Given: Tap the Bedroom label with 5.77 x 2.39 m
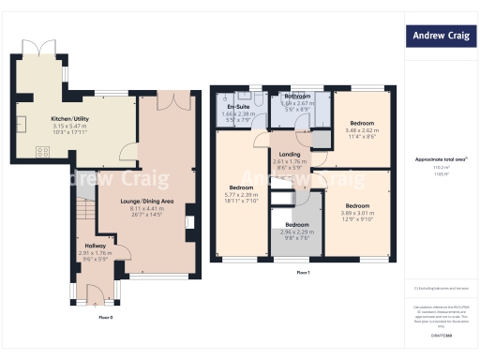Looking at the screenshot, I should pyautogui.click(x=243, y=187).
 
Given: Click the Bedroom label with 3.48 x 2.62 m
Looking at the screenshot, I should pyautogui.click(x=362, y=124).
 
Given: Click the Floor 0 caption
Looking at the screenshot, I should pyautogui.click(x=106, y=318).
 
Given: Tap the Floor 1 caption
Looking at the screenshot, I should pyautogui.click(x=303, y=272).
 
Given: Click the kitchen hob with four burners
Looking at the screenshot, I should pyautogui.click(x=42, y=152).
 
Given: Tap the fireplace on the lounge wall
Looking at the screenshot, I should pyautogui.click(x=190, y=222).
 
